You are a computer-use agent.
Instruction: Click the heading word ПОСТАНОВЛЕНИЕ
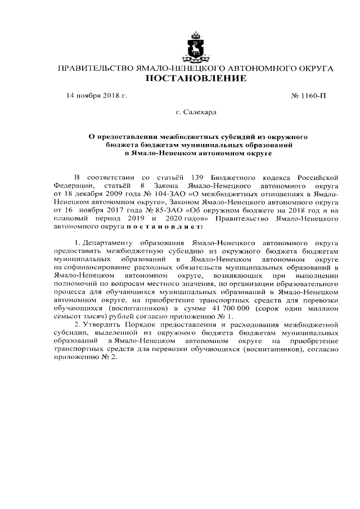tap(196, 79)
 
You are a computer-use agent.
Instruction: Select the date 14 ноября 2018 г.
tap(97, 96)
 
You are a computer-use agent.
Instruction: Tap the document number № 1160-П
tap(309, 96)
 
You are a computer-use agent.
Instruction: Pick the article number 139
tap(170, 177)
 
